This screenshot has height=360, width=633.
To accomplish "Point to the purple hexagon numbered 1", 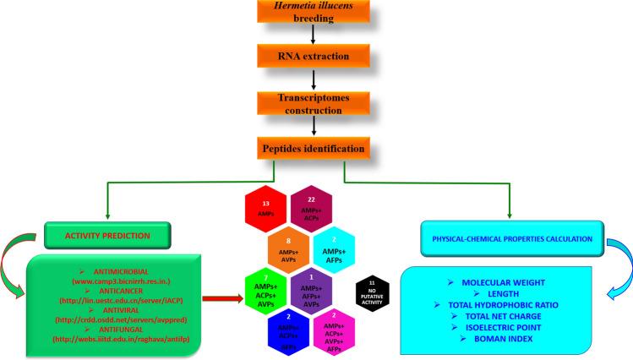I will tap(312, 286).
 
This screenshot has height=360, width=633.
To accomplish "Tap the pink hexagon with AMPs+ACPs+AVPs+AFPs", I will tap(335, 326).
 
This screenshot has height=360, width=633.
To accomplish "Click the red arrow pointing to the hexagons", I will tap(221, 298).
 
